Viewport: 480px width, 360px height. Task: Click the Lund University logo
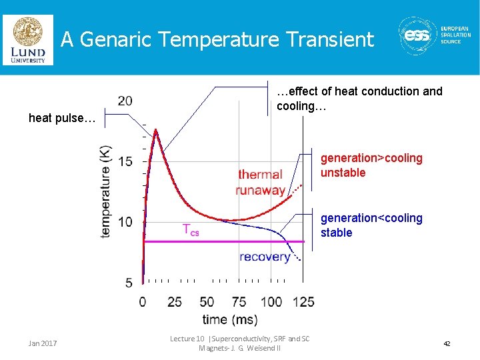click(x=27, y=40)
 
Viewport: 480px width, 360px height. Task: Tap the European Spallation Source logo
click(x=434, y=37)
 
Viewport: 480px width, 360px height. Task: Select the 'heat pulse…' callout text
click(x=62, y=118)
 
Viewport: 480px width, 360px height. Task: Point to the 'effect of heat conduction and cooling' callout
click(x=359, y=98)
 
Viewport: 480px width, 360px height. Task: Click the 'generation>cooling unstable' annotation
click(x=371, y=165)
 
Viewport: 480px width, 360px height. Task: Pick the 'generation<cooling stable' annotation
click(x=371, y=225)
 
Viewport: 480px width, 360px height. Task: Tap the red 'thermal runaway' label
click(x=261, y=182)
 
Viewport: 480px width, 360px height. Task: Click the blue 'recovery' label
click(x=265, y=257)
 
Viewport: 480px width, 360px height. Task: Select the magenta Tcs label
click(x=191, y=230)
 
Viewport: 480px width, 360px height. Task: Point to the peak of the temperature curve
click(x=155, y=130)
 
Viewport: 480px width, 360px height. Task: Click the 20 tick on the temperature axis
click(x=125, y=101)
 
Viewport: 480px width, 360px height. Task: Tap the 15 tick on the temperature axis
click(x=125, y=161)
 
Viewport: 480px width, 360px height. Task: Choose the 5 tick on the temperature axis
click(x=128, y=283)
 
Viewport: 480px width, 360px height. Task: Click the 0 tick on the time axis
click(x=143, y=301)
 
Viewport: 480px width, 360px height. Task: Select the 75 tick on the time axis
click(x=239, y=301)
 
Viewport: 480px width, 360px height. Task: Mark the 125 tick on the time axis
click(x=303, y=301)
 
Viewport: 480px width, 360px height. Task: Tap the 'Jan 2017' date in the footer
click(x=43, y=343)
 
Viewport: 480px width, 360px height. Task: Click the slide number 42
click(x=447, y=343)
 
